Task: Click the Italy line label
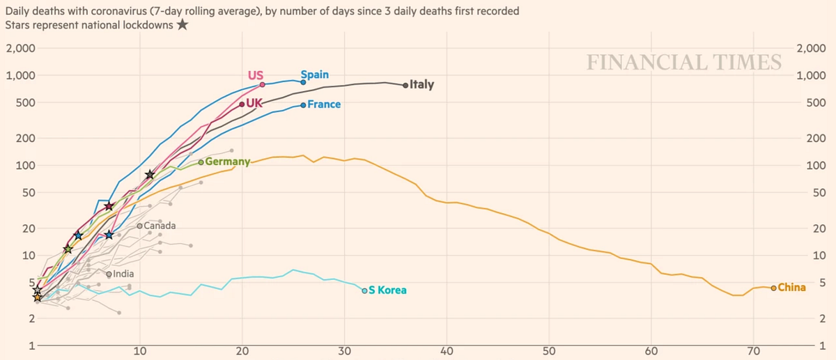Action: tap(422, 85)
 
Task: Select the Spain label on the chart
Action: tap(315, 75)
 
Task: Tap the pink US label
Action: tap(255, 75)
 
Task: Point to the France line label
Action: tap(324, 104)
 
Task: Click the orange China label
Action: tap(791, 288)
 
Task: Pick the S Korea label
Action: tap(387, 290)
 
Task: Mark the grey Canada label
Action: tap(160, 226)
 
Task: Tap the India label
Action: tap(123, 274)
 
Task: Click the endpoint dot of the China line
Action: tap(773, 288)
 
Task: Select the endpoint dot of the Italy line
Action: tap(405, 86)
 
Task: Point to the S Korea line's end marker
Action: tap(364, 290)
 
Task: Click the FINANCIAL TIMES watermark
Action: tap(684, 62)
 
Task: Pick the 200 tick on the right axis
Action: tap(816, 138)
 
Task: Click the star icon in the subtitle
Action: tap(183, 25)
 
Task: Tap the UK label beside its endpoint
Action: tap(254, 104)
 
